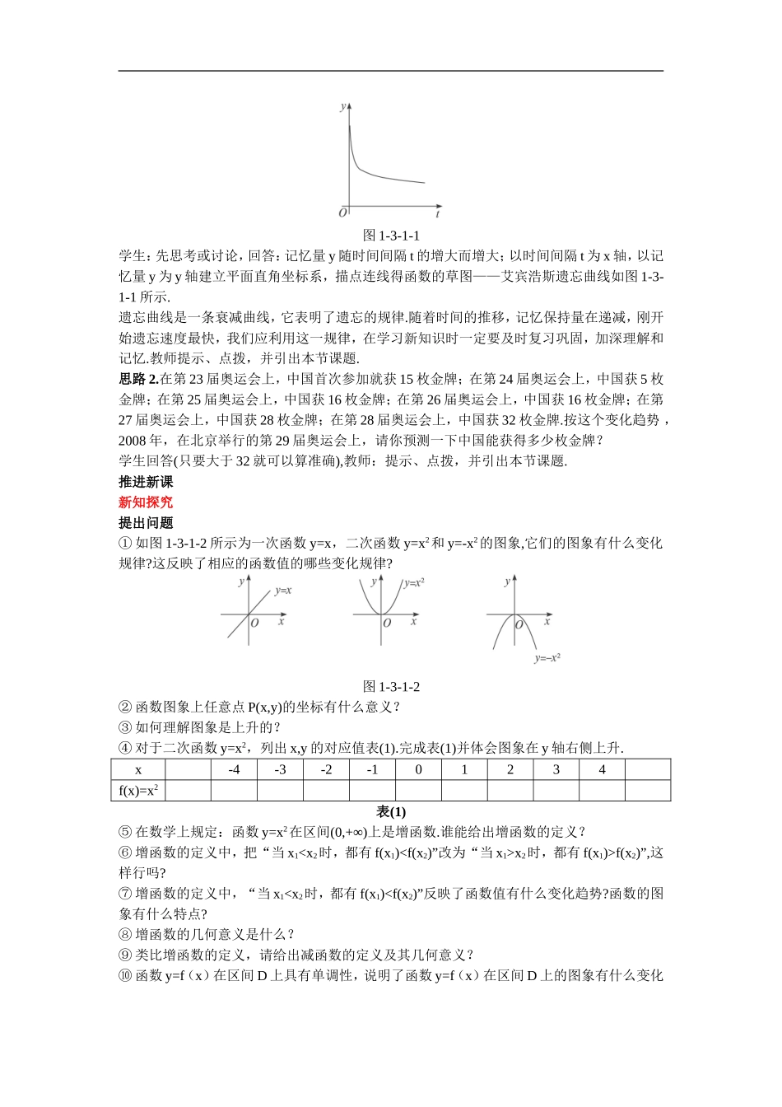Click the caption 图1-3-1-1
click(391, 235)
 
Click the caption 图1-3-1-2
click(391, 686)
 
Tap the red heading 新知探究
click(146, 502)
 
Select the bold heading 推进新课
click(146, 482)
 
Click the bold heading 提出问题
click(146, 523)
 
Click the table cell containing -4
click(234, 770)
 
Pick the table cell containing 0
click(418, 770)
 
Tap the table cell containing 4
click(602, 770)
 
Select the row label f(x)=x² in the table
click(138, 791)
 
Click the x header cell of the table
click(138, 770)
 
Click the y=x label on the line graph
click(283, 591)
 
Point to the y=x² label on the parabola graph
click(413, 582)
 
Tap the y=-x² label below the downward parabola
click(547, 658)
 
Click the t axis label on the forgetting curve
click(438, 214)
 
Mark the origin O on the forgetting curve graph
click(342, 213)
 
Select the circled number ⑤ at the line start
click(125, 832)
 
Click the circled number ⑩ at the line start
click(125, 976)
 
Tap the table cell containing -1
click(372, 770)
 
